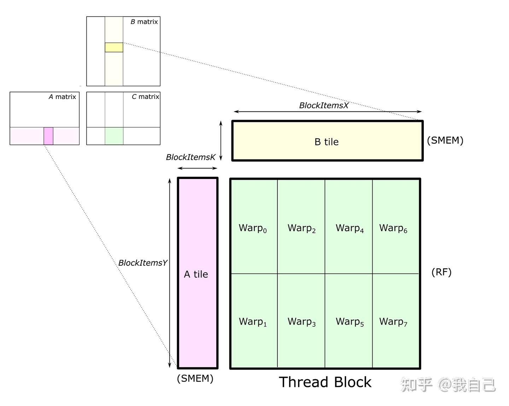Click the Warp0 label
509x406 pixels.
click(253, 228)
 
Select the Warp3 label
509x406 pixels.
click(302, 322)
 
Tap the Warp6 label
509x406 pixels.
click(393, 228)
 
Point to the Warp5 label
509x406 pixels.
click(350, 322)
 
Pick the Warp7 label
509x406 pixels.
click(393, 322)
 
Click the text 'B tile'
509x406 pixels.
click(326, 142)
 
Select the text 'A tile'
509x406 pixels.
click(196, 274)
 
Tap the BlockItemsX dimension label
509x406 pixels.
click(323, 105)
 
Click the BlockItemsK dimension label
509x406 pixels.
click(191, 157)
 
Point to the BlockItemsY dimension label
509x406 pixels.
click(142, 263)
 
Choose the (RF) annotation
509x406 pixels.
click(441, 272)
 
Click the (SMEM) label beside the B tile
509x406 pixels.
click(445, 140)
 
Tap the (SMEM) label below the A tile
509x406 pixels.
click(195, 378)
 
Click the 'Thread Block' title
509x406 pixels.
click(325, 382)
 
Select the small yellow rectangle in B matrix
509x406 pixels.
click(114, 47)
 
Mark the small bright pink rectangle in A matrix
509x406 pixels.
click(48, 136)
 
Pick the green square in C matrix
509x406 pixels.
click(114, 136)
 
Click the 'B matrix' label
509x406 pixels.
click(144, 22)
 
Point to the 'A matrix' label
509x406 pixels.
click(62, 97)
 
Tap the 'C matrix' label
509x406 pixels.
click(145, 97)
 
